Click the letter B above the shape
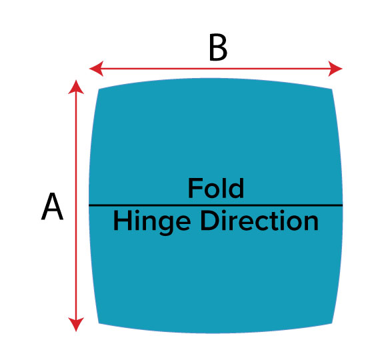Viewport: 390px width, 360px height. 218,47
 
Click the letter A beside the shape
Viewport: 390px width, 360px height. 52,206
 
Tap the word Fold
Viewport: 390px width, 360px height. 215,189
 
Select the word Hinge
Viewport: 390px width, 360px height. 152,222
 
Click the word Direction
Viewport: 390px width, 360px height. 259,221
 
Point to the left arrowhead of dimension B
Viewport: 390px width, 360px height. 96,69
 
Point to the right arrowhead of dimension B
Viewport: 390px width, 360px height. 335,69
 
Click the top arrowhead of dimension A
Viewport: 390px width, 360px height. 76,87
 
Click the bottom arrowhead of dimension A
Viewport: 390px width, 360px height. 76,325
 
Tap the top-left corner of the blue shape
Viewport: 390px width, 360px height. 99,89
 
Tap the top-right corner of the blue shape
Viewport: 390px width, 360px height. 332,89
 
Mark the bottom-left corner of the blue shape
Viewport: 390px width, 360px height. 99,323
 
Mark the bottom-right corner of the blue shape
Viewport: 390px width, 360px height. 332,323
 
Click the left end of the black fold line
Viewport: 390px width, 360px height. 89,205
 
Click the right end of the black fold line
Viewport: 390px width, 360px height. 342,205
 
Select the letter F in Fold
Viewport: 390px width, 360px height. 195,189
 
